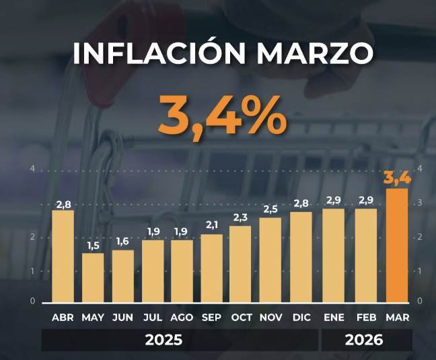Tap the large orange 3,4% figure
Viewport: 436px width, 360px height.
point(221,114)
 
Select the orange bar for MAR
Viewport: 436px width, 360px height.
point(397,246)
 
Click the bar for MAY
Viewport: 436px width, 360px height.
point(93,278)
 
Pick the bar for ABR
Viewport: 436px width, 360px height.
point(63,256)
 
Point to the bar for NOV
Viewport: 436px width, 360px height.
point(270,260)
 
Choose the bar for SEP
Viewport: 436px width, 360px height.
point(211,268)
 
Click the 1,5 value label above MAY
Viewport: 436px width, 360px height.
point(93,246)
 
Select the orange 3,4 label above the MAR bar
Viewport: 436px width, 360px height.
point(397,178)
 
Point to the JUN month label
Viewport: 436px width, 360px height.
point(122,317)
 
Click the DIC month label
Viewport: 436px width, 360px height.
point(301,317)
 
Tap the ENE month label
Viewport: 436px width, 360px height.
point(334,317)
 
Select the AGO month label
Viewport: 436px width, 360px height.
point(182,317)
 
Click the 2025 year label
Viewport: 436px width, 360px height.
point(163,340)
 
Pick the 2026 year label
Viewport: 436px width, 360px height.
point(364,340)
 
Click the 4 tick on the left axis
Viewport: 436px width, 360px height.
point(33,168)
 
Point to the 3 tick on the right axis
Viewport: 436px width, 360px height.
point(421,203)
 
